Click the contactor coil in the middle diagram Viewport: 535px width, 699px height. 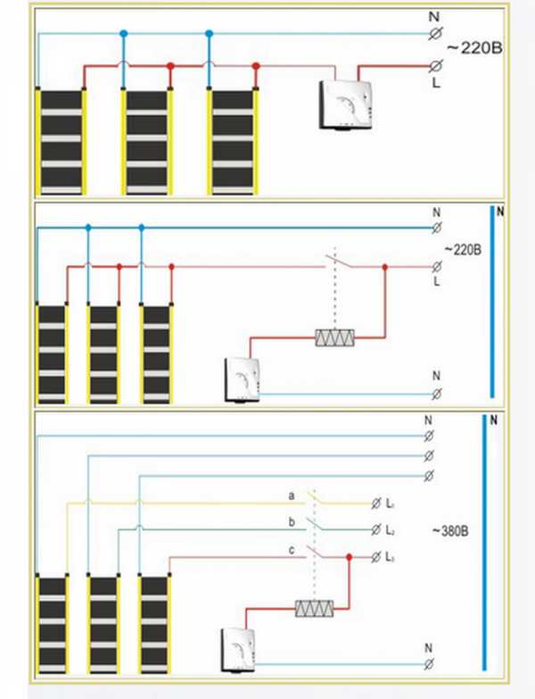point(337,338)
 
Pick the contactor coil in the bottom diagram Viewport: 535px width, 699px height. point(314,608)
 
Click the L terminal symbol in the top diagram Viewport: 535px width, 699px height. point(437,65)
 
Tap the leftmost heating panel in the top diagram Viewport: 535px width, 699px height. point(60,141)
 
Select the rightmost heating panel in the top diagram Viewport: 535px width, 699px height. point(233,141)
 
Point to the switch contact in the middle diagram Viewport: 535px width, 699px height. point(335,262)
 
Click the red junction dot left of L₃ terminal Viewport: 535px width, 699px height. point(350,557)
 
